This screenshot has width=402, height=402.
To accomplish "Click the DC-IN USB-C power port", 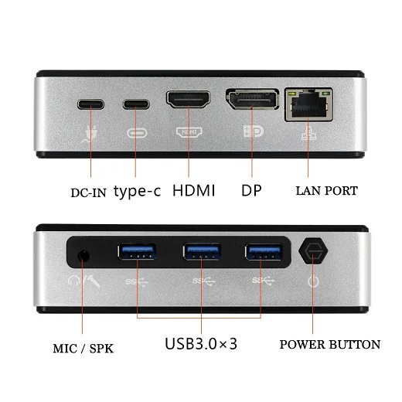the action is [90, 104].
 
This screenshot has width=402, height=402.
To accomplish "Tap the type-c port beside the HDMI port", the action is [136, 104].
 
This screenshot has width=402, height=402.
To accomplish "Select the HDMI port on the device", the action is [188, 99].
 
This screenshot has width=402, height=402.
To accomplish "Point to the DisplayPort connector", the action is [253, 99].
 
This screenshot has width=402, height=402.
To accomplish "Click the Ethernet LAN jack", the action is [308, 104].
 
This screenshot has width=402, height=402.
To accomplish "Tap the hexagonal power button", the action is [313, 250].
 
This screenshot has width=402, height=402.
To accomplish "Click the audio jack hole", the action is [83, 257].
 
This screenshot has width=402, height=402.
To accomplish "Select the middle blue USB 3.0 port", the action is [202, 251].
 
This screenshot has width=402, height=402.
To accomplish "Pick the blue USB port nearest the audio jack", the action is [137, 251].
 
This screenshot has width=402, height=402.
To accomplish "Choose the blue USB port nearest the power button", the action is [264, 251].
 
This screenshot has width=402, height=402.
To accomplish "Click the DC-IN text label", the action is [88, 192].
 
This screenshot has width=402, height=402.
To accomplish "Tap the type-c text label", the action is [138, 192].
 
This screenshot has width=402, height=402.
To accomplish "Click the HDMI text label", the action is [193, 190].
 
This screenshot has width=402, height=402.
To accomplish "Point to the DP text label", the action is [251, 190].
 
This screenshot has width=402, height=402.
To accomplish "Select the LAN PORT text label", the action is [327, 191].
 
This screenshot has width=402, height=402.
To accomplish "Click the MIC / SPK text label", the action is [83, 349].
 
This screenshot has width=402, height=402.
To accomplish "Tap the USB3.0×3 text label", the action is [201, 343].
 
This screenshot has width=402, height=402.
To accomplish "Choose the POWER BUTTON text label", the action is [330, 345].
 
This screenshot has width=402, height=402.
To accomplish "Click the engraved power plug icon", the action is [89, 135].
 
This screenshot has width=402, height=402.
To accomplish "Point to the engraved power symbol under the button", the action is [313, 281].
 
